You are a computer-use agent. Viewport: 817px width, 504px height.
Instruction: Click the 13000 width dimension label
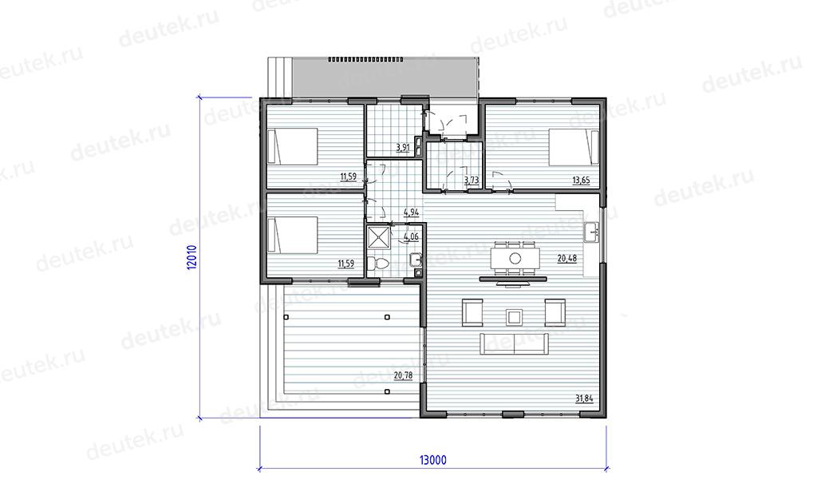click(x=433, y=460)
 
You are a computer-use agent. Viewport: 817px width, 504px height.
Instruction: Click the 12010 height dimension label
click(x=192, y=256)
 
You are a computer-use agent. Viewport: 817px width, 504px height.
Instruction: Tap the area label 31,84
click(x=584, y=399)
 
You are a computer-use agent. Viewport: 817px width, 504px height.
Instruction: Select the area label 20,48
click(x=567, y=258)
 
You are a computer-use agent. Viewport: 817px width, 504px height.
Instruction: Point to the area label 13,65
click(x=581, y=181)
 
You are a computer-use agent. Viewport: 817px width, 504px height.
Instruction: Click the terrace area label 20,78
click(x=403, y=375)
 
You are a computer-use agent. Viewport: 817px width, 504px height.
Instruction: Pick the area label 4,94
click(x=411, y=212)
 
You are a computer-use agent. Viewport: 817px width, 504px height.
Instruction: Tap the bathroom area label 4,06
click(x=411, y=237)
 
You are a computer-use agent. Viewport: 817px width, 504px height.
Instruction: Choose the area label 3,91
click(x=403, y=148)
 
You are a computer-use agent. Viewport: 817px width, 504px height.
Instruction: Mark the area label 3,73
click(x=471, y=181)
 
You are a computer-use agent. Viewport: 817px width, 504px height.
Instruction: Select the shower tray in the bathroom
click(x=379, y=237)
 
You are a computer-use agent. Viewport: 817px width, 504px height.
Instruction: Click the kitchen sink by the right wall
click(x=591, y=232)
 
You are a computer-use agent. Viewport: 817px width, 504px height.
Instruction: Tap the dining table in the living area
click(x=515, y=258)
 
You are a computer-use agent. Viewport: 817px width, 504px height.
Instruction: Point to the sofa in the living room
click(x=515, y=343)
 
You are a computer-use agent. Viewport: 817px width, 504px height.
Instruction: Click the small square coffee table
click(x=515, y=316)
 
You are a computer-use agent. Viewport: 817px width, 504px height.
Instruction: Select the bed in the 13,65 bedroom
click(x=574, y=147)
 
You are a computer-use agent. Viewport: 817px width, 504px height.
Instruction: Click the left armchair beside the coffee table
click(x=472, y=312)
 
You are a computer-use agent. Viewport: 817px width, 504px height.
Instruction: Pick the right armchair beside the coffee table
click(x=555, y=312)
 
